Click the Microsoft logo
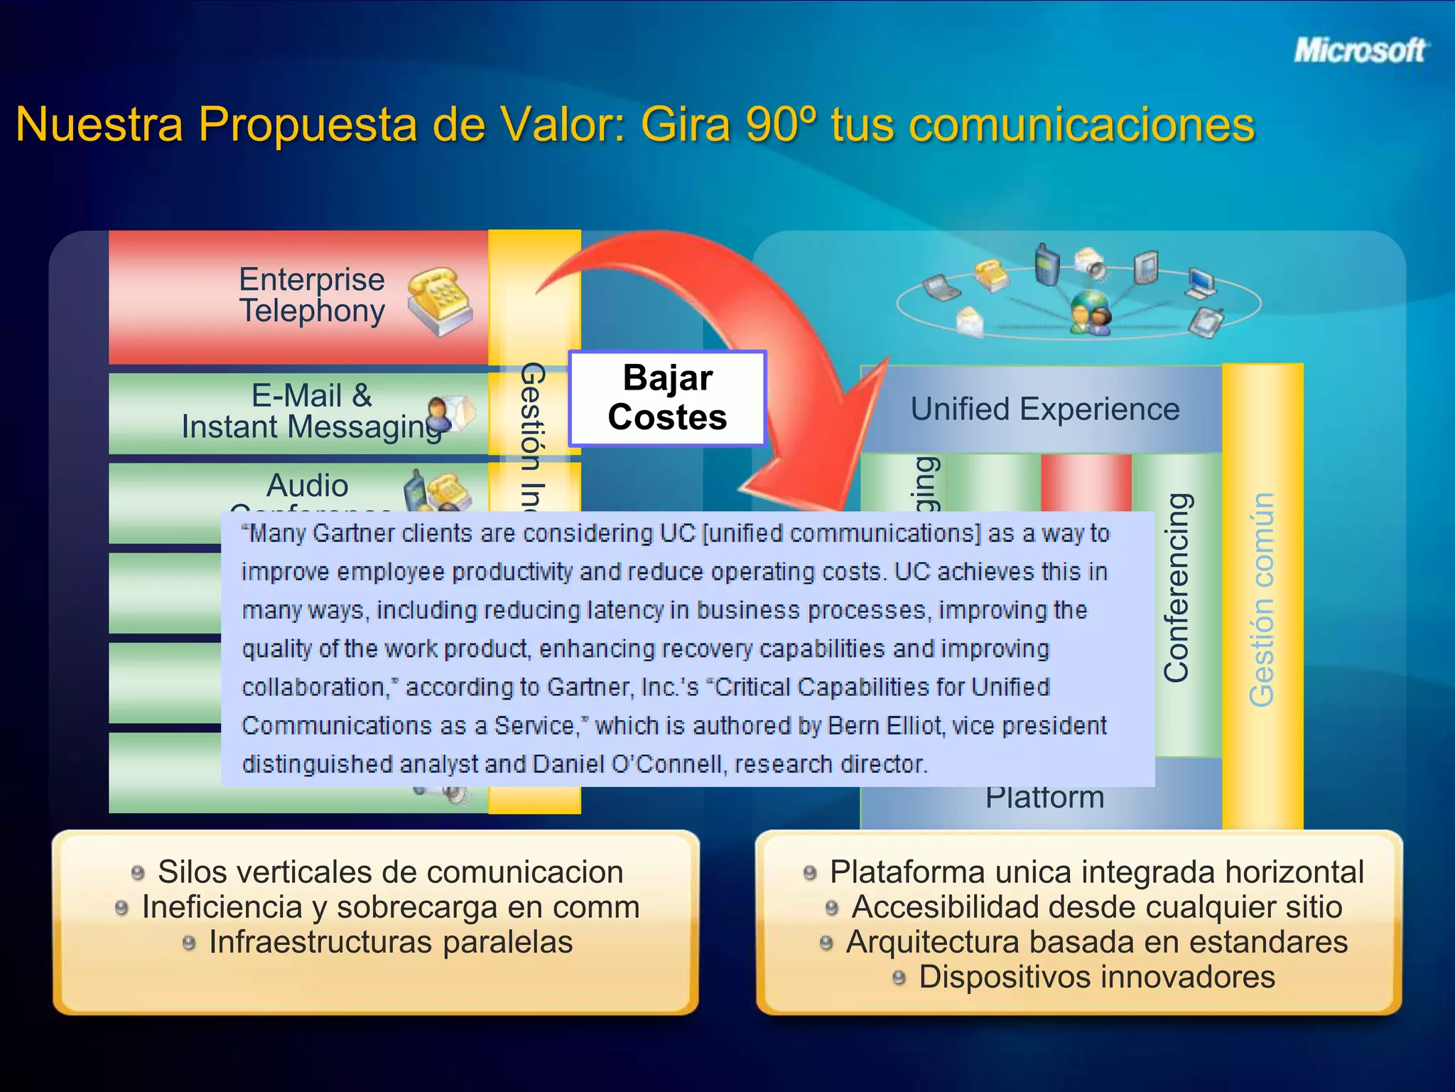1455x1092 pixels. [1358, 51]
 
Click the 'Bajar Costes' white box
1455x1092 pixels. [667, 398]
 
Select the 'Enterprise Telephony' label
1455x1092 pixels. [312, 295]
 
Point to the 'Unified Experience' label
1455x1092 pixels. [1044, 409]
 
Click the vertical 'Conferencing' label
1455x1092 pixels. [1177, 587]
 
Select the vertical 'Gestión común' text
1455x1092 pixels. [1262, 599]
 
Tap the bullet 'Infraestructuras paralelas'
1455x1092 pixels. [390, 942]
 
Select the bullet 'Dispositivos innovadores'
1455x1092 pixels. [1096, 977]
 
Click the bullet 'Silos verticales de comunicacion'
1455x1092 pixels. [390, 872]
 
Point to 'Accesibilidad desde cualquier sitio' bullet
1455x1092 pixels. [1096, 907]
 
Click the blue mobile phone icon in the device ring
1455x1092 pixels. [1047, 264]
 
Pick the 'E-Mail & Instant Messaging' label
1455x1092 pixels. [312, 412]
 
